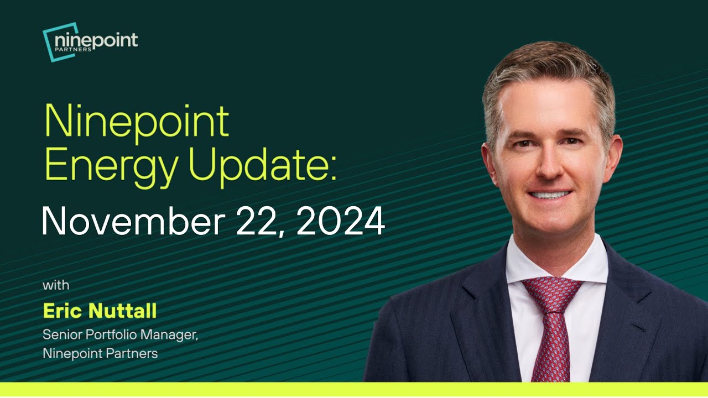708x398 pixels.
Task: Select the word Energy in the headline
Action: [106, 167]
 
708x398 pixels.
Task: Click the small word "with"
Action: [56, 286]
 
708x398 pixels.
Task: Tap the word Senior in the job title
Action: [60, 334]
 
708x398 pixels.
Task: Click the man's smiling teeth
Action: [549, 195]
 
